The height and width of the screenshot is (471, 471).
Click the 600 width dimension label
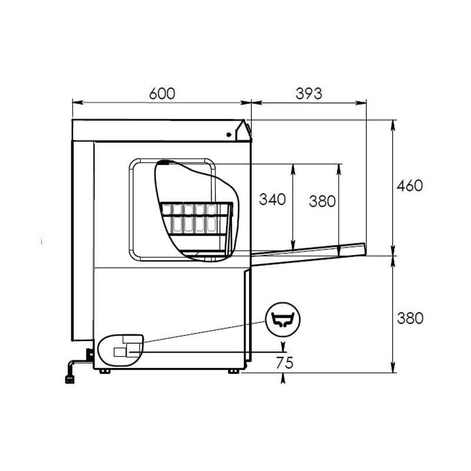click(162, 94)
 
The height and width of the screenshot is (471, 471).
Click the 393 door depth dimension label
click(309, 94)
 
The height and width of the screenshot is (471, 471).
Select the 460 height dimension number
click(410, 185)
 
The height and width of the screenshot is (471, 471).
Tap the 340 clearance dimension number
click(272, 200)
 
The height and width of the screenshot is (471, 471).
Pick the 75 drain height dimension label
click(284, 363)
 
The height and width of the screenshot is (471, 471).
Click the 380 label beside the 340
click(322, 201)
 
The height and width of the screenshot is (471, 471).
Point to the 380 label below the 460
click(410, 319)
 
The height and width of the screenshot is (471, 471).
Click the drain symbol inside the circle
click(283, 320)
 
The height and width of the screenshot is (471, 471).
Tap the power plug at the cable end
click(69, 379)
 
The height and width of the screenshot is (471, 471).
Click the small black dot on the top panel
click(228, 135)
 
